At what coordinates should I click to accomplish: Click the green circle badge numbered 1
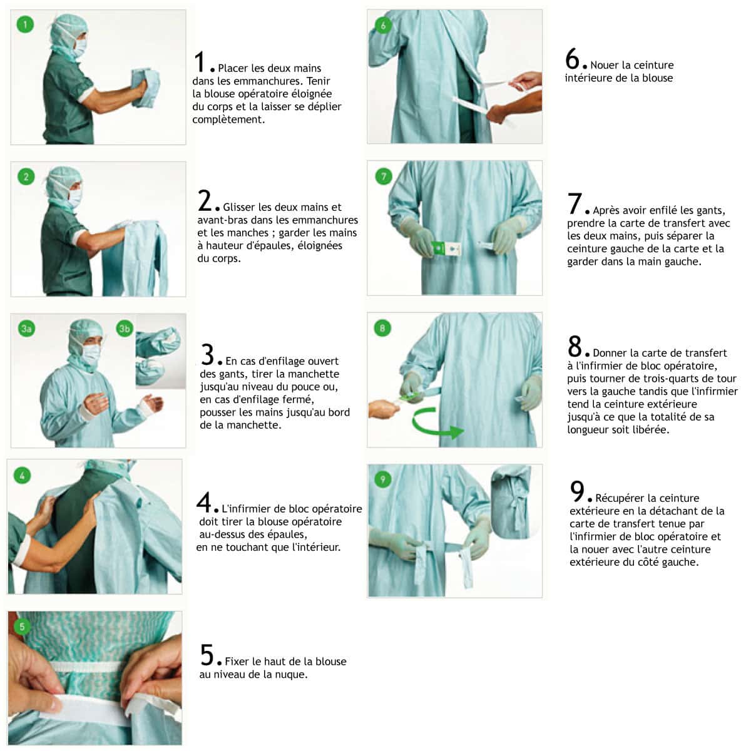[x=25, y=24]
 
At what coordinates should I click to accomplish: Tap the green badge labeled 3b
[x=125, y=329]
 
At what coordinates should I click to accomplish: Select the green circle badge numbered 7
[x=384, y=176]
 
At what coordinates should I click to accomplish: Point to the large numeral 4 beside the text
[x=204, y=503]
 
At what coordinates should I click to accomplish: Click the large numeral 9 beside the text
[x=577, y=491]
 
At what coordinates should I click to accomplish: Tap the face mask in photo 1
[x=80, y=48]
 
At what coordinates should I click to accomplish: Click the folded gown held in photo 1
[x=145, y=87]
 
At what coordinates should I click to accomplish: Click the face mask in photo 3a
[x=91, y=353]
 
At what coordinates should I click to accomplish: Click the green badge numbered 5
[x=22, y=626]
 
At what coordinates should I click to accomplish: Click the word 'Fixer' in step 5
[x=237, y=662]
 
